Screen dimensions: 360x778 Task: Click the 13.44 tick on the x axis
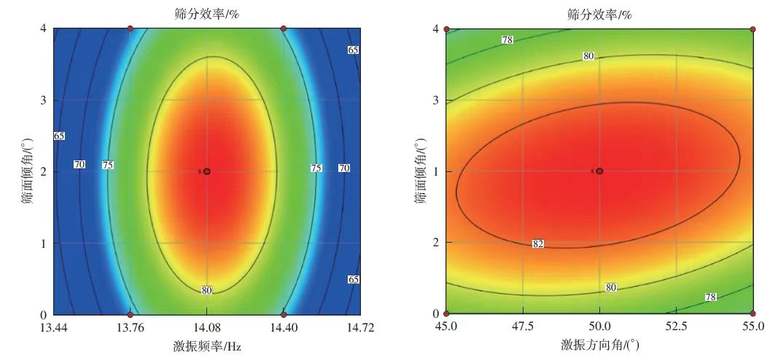click(53, 327)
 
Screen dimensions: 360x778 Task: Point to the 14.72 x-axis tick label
click(361, 327)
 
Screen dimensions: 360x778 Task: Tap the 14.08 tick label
click(207, 327)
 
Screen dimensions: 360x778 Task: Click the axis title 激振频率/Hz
click(207, 347)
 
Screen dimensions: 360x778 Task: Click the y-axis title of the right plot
click(421, 172)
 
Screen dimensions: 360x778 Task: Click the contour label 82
click(538, 243)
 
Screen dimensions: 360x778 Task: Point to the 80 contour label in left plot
click(207, 291)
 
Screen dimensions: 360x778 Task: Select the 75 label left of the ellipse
click(107, 165)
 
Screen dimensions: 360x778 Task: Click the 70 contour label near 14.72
click(343, 168)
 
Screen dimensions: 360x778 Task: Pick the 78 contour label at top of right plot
click(507, 40)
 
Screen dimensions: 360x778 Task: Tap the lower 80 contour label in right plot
click(611, 288)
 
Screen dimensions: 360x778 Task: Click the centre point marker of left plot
click(207, 171)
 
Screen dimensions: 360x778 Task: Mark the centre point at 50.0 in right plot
click(599, 171)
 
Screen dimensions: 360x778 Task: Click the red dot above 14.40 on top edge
click(284, 28)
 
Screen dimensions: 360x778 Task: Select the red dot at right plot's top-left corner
click(446, 29)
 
